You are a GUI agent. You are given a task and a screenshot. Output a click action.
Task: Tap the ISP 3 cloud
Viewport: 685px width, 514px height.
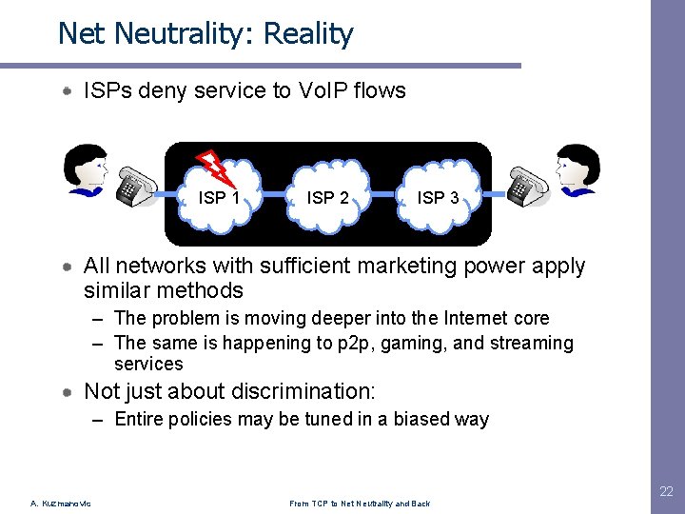pyautogui.click(x=437, y=198)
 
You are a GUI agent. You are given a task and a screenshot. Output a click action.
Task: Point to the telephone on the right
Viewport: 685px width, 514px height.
pyautogui.click(x=527, y=185)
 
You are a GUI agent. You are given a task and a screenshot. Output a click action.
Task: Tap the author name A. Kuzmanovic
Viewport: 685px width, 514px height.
pyautogui.click(x=60, y=503)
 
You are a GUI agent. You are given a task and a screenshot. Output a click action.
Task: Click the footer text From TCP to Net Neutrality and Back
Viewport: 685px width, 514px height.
pyautogui.click(x=361, y=503)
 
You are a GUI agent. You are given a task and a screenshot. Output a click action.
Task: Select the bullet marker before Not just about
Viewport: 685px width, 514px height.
pyautogui.click(x=69, y=392)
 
